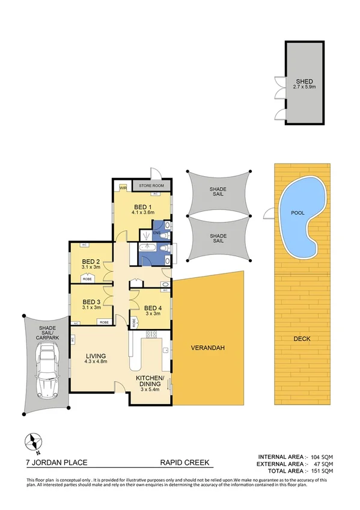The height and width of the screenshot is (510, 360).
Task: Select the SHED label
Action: click(304, 82)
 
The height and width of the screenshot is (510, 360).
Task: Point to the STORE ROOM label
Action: click(151, 186)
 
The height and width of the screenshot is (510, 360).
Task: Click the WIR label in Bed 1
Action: click(123, 188)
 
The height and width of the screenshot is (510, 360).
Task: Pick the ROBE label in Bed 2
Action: click(87, 279)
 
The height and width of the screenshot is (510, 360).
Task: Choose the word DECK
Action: click(303, 338)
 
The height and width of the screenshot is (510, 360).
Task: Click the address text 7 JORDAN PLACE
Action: click(57, 462)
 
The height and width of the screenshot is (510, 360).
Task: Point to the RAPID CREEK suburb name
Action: click(186, 462)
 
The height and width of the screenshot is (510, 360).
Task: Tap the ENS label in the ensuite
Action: click(155, 232)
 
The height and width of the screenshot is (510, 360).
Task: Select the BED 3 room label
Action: click(91, 302)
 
